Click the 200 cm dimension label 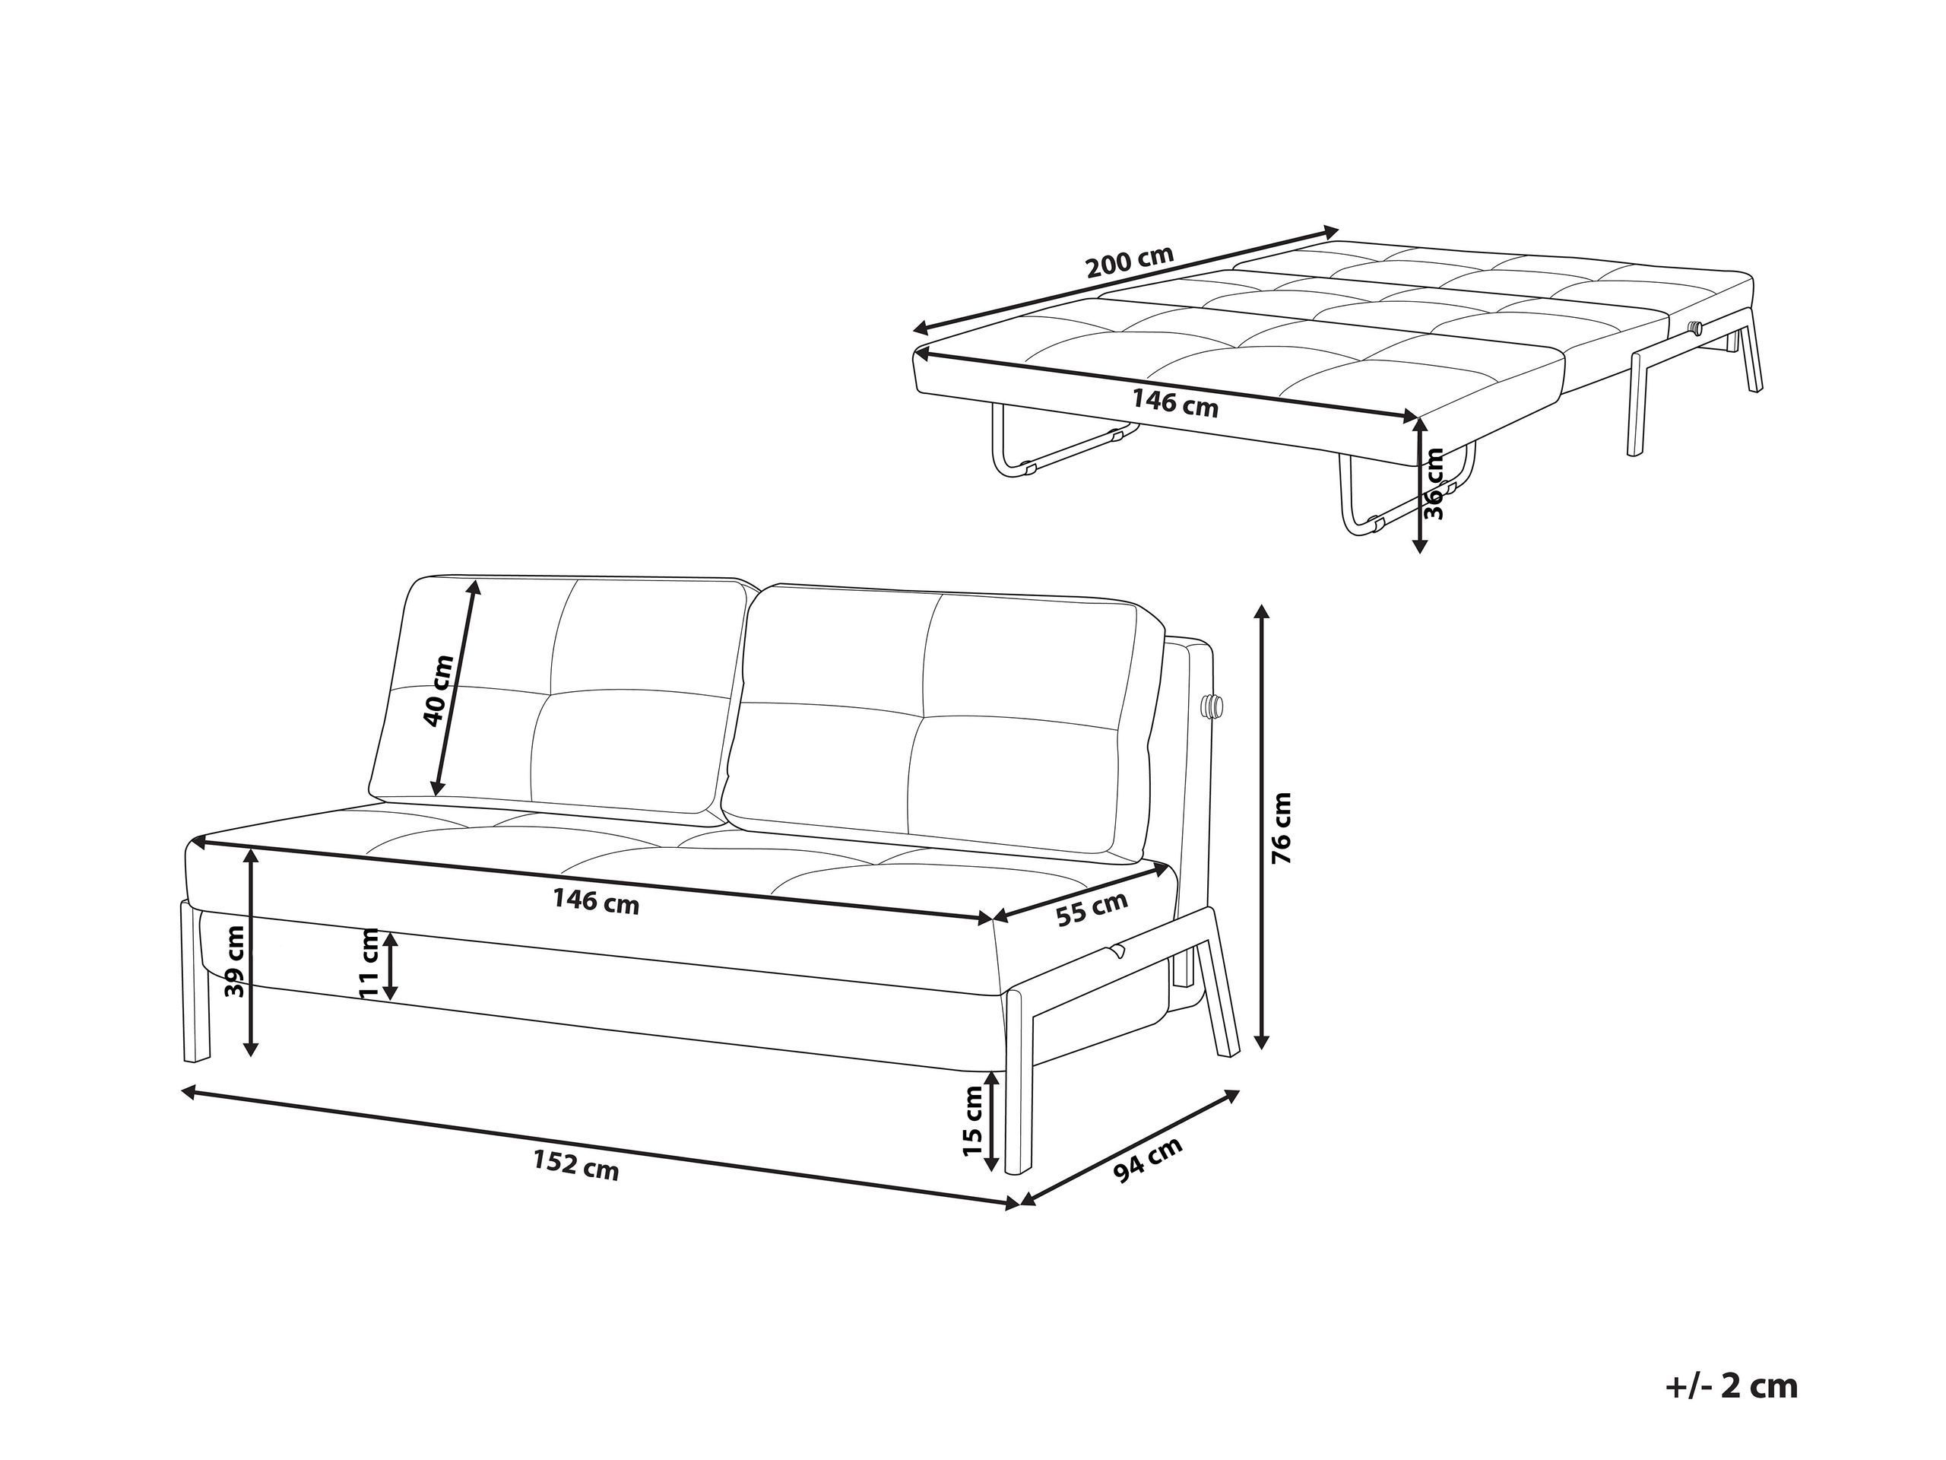tap(1130, 262)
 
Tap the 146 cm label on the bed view tap(1174, 403)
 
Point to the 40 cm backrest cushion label tap(438, 690)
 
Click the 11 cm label tap(369, 963)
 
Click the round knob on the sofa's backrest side tap(1213, 706)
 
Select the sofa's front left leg tap(197, 981)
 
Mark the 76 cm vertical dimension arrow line tap(1263, 827)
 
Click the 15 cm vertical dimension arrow tap(992, 1122)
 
